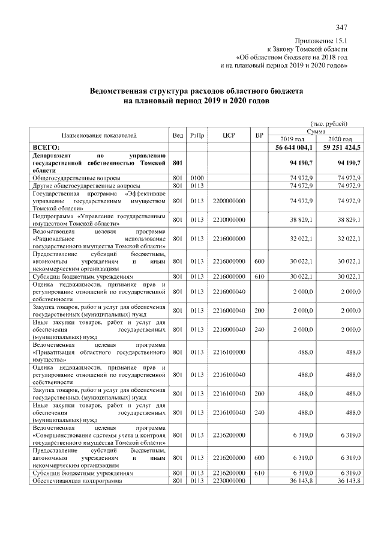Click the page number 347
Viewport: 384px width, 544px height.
pos(341,27)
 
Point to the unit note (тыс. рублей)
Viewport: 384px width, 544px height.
pos(329,123)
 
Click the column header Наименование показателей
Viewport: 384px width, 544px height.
pos(99,135)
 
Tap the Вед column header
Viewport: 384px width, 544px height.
pos(178,135)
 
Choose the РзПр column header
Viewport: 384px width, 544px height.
pos(197,135)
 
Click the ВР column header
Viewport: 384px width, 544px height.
pos(259,135)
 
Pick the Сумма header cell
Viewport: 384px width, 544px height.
pos(316,131)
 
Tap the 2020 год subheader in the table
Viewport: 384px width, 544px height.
pos(340,139)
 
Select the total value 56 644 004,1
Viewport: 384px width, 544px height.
pos(294,147)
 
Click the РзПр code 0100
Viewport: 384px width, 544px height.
pos(197,179)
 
